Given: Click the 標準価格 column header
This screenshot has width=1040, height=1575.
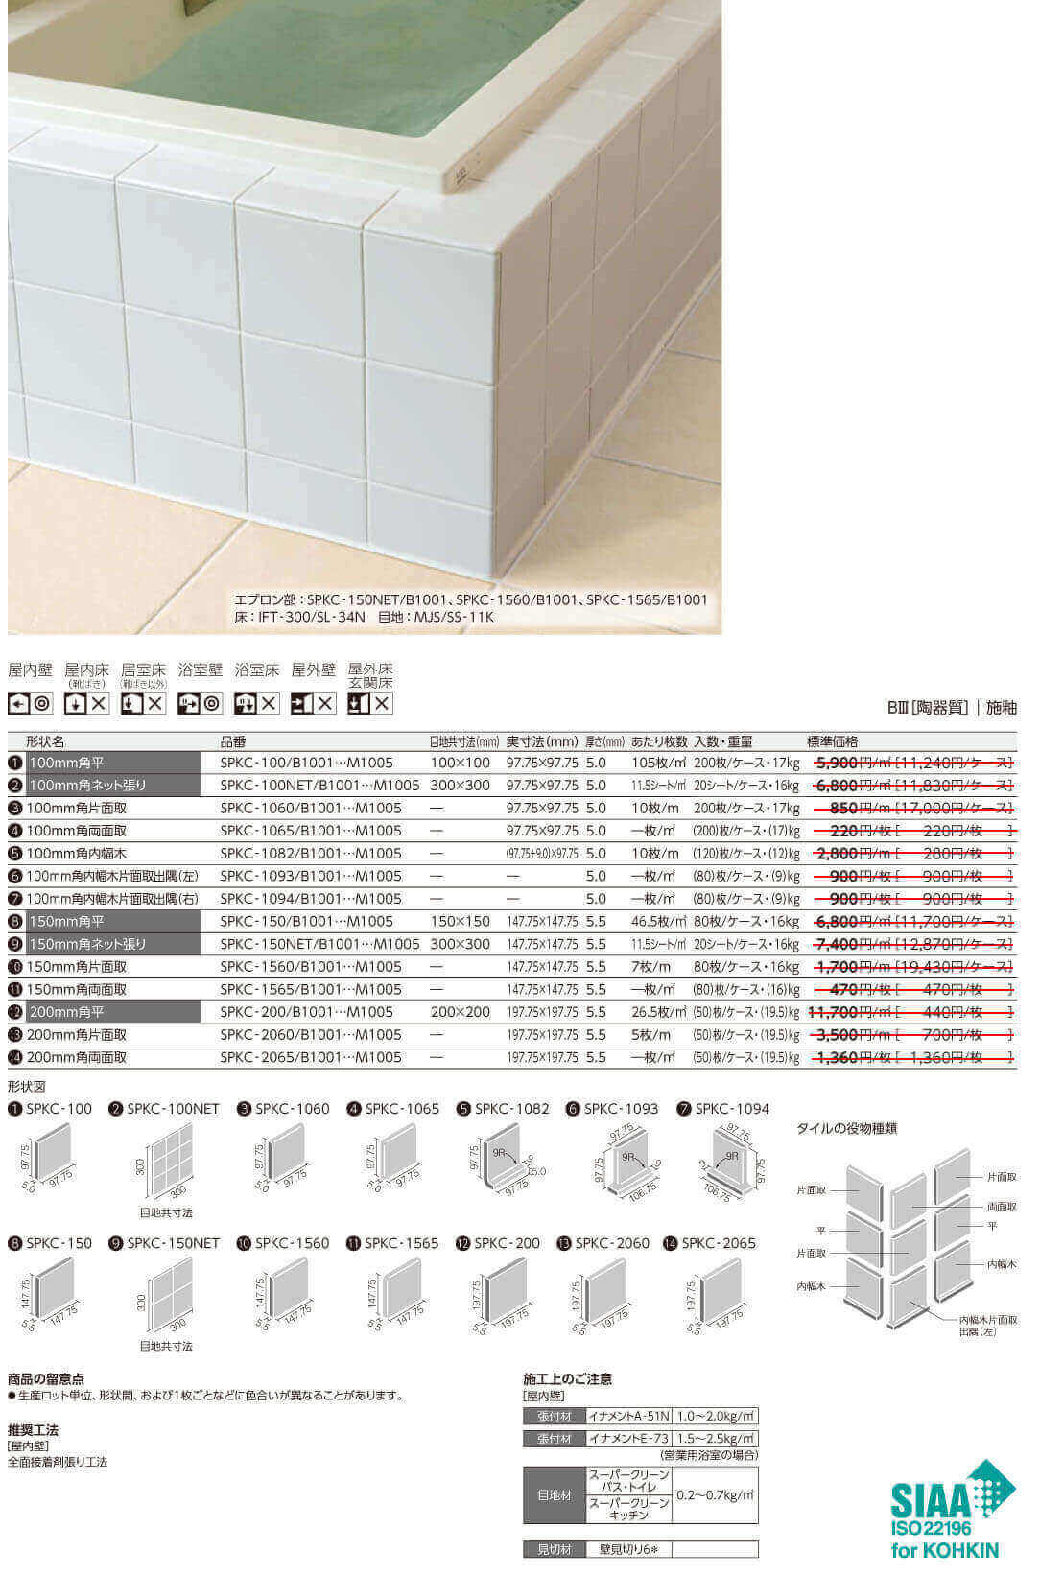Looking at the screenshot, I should (833, 741).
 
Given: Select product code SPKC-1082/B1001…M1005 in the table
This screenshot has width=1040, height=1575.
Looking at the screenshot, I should (311, 854).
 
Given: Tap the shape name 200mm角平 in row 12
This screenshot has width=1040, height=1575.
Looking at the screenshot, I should (66, 1012).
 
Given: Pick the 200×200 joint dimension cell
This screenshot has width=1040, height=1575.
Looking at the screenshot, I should (460, 1012).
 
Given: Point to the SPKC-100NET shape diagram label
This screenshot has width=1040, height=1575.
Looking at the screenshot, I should (173, 1109).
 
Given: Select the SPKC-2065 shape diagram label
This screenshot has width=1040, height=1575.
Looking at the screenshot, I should (719, 1243).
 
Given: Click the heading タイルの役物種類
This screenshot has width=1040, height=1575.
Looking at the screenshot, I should (846, 1129).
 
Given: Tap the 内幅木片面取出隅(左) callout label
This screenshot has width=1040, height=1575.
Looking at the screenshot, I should (988, 1326).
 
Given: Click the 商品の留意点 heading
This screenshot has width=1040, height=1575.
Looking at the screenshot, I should (46, 1378).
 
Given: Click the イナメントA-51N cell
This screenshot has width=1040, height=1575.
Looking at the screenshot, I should (628, 1417).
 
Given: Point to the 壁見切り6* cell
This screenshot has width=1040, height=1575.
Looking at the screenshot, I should (628, 1549).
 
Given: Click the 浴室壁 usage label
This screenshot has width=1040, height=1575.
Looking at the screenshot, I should (200, 670).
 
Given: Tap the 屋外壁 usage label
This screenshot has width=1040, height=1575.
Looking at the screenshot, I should (313, 670).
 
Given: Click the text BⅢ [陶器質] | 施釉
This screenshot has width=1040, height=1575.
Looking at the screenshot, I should (952, 708).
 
